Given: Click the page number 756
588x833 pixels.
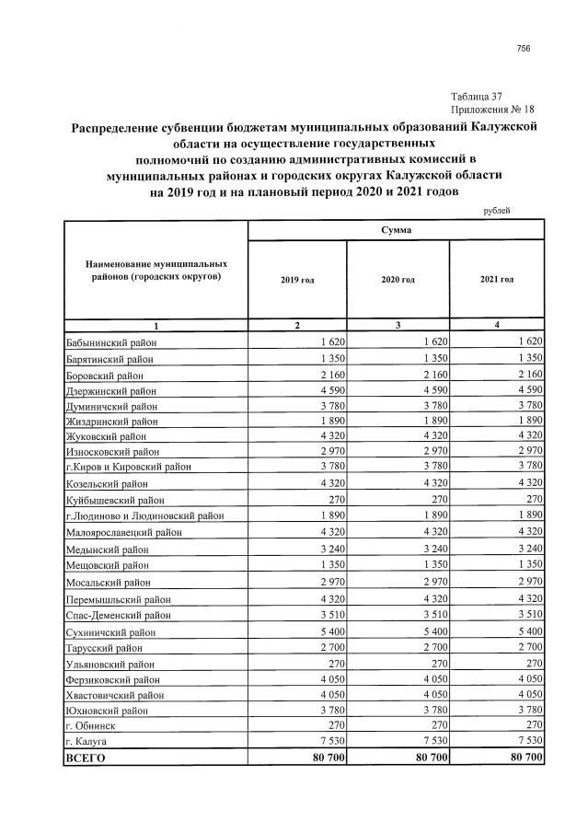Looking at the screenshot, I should click(x=524, y=48).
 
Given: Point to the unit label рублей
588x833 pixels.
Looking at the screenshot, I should click(x=496, y=210).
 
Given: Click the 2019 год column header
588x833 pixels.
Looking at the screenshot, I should click(x=296, y=279).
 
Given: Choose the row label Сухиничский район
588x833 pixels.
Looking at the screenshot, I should click(x=110, y=633).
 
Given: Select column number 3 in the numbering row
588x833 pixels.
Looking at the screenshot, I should click(x=398, y=325).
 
